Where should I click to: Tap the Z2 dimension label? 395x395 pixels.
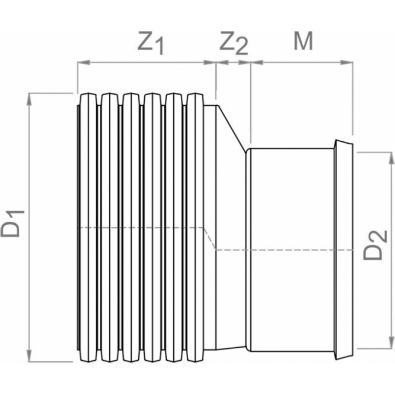pos(234,44)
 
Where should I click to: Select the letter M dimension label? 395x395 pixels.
pos(303,41)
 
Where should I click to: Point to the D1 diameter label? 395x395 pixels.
pos(13,224)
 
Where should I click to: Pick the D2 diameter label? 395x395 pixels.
pos(375,244)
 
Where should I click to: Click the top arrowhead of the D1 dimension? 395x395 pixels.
pos(30,99)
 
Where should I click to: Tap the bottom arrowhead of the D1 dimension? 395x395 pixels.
pos(30,355)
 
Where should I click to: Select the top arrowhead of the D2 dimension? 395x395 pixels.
pos(392,158)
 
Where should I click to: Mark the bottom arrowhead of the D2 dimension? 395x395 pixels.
pos(392,343)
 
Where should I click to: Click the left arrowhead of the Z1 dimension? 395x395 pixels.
pos(83,62)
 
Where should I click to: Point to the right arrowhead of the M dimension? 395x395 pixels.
pos(347,62)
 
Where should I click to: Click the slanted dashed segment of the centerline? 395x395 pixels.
pos(210,238)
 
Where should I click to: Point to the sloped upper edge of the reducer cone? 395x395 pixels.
pos(232,128)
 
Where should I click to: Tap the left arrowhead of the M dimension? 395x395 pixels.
pos(257,62)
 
